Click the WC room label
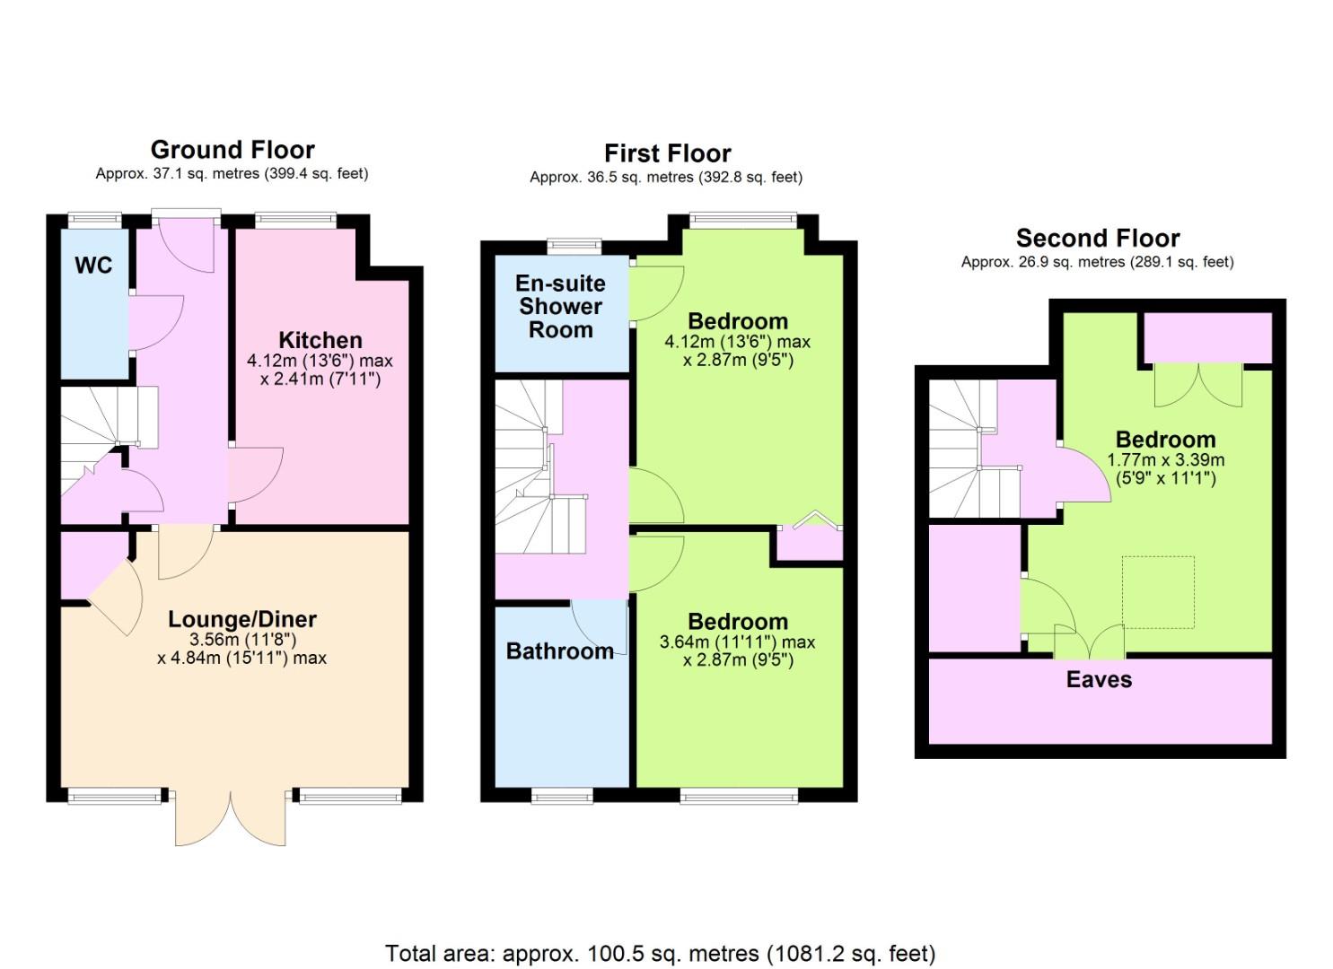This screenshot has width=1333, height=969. click(x=93, y=266)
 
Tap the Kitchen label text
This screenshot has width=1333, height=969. click(x=320, y=340)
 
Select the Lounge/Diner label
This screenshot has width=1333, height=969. click(x=242, y=619)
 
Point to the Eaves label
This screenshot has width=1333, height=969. click(x=1099, y=679)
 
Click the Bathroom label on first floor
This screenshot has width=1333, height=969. click(x=560, y=651)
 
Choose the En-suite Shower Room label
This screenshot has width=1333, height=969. click(x=560, y=306)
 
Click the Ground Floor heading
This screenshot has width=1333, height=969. click(x=232, y=150)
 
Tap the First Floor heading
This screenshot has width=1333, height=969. click(x=668, y=153)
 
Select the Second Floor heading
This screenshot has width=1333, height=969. click(x=1098, y=238)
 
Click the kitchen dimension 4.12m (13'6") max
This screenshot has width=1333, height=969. click(x=320, y=361)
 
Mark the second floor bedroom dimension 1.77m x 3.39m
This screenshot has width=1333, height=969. click(x=1166, y=459)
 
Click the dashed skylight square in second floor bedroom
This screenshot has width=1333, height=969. click(x=1158, y=592)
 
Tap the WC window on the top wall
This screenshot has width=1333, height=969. click(x=94, y=220)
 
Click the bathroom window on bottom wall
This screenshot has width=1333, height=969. click(x=562, y=796)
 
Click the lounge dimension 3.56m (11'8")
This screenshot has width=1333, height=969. click(x=242, y=640)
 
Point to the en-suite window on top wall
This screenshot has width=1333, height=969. click(x=574, y=246)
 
